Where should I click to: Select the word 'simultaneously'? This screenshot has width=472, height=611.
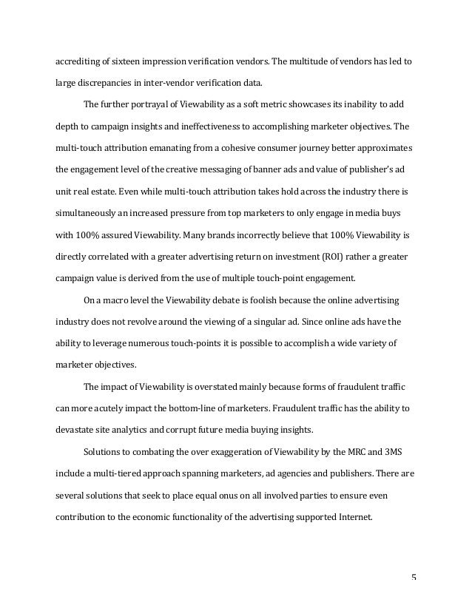pyautogui.click(x=87, y=213)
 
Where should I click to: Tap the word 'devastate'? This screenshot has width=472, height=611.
pyautogui.click(x=76, y=429)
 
